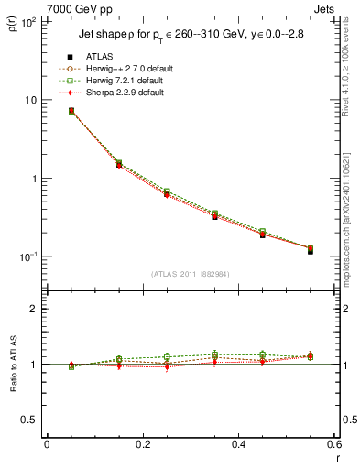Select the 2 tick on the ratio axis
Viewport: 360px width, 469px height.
[34, 309]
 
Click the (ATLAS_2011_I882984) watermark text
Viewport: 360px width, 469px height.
[190, 274]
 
